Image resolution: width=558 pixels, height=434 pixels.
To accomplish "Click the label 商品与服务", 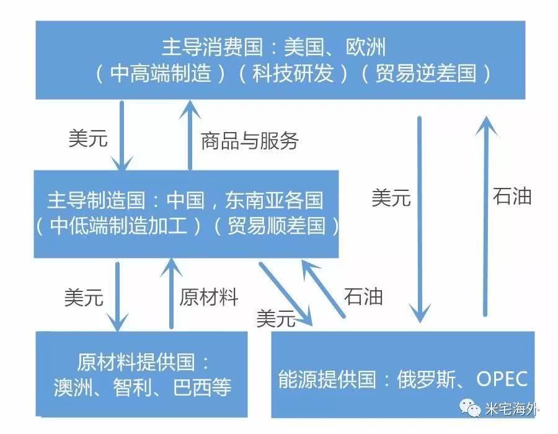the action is point(249,141).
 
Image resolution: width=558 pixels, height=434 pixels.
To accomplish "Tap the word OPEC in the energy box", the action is point(502,379).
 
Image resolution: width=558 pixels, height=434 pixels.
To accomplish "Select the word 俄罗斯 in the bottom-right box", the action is point(427,379).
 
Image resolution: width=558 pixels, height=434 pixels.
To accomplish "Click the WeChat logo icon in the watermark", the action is point(470,407).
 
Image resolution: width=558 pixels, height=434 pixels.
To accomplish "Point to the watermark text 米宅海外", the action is point(511,409).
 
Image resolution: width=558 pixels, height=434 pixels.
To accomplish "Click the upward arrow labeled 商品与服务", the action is point(190,135).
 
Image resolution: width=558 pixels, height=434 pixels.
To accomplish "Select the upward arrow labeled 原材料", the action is point(171,294).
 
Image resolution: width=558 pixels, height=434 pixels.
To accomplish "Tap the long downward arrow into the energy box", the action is point(420,219).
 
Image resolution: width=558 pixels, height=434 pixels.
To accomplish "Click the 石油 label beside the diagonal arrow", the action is point(363,297).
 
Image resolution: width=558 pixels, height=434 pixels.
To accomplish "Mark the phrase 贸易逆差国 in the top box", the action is point(426,73).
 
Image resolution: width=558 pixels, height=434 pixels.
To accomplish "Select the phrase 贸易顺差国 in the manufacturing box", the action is point(277,226).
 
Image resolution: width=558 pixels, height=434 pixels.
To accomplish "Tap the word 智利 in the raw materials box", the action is point(132,387).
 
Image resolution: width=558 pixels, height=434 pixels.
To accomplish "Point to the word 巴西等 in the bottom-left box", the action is point(202,387).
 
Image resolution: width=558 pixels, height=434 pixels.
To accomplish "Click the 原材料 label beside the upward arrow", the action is point(209,298).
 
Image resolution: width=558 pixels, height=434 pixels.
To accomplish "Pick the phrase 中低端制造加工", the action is point(118,226).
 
